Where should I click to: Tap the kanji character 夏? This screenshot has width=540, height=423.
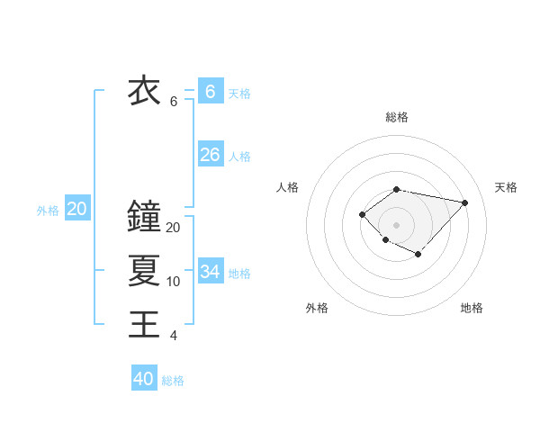pos(145,269)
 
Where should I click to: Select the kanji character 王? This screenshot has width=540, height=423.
pos(145,323)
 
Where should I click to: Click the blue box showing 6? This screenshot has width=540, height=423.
pos(210,91)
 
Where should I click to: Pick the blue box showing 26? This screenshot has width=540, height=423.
pos(210,155)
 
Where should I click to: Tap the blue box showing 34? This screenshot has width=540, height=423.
pos(210,271)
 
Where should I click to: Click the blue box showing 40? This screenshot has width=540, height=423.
pos(144,379)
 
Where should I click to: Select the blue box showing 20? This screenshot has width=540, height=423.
pos(77,209)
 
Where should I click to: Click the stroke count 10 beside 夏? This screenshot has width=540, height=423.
pos(174,282)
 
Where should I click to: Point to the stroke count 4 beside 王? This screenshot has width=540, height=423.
pos(174,336)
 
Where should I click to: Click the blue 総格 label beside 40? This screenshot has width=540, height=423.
pos(173,381)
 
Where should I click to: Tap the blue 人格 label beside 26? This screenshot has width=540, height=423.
pos(239,157)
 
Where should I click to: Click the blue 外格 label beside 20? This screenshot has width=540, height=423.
pos(48,211)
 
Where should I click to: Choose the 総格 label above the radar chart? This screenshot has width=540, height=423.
pos(396,117)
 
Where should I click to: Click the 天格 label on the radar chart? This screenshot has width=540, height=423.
pos(506,187)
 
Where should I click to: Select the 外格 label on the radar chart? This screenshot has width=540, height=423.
pos(317,308)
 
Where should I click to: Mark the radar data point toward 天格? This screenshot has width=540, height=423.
pos(464,202)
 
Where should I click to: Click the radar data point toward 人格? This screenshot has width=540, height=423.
pos(362,213)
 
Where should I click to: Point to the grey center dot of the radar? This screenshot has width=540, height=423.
pos(396,224)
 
